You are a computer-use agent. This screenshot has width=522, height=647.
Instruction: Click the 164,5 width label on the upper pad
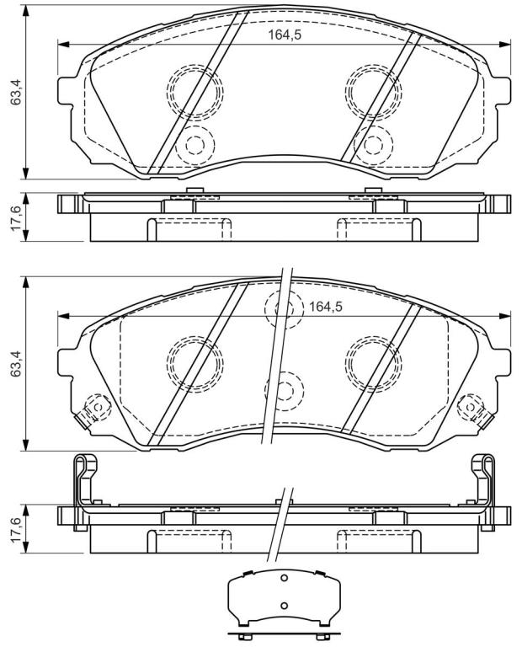point(285,35)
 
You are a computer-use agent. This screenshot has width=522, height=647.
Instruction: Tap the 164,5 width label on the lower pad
point(326,307)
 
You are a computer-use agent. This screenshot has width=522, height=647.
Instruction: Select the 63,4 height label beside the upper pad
point(16,92)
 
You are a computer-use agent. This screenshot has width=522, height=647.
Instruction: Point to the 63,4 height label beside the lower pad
point(16,364)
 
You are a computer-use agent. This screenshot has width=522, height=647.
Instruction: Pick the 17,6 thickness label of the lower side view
point(16,530)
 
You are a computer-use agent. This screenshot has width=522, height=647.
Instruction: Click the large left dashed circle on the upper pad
point(195,92)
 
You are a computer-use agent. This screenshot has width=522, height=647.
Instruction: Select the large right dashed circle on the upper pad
point(374,92)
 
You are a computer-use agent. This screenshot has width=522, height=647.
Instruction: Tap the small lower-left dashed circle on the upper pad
point(195,144)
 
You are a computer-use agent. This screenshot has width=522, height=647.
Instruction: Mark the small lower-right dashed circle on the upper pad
point(374,144)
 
